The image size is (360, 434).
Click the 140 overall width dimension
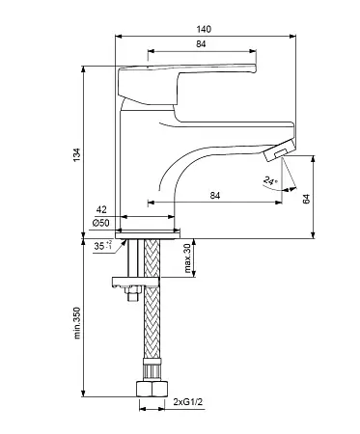[204, 29]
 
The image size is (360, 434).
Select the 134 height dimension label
[76, 155]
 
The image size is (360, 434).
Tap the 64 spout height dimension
[306, 199]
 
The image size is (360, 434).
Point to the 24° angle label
[270, 181]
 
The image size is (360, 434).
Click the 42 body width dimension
[101, 209]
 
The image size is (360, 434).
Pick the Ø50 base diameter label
[100, 223]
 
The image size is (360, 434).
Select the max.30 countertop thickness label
[187, 258]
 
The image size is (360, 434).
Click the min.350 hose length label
[77, 323]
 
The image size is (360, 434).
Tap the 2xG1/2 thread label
[188, 402]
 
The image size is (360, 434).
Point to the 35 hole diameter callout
[103, 246]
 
